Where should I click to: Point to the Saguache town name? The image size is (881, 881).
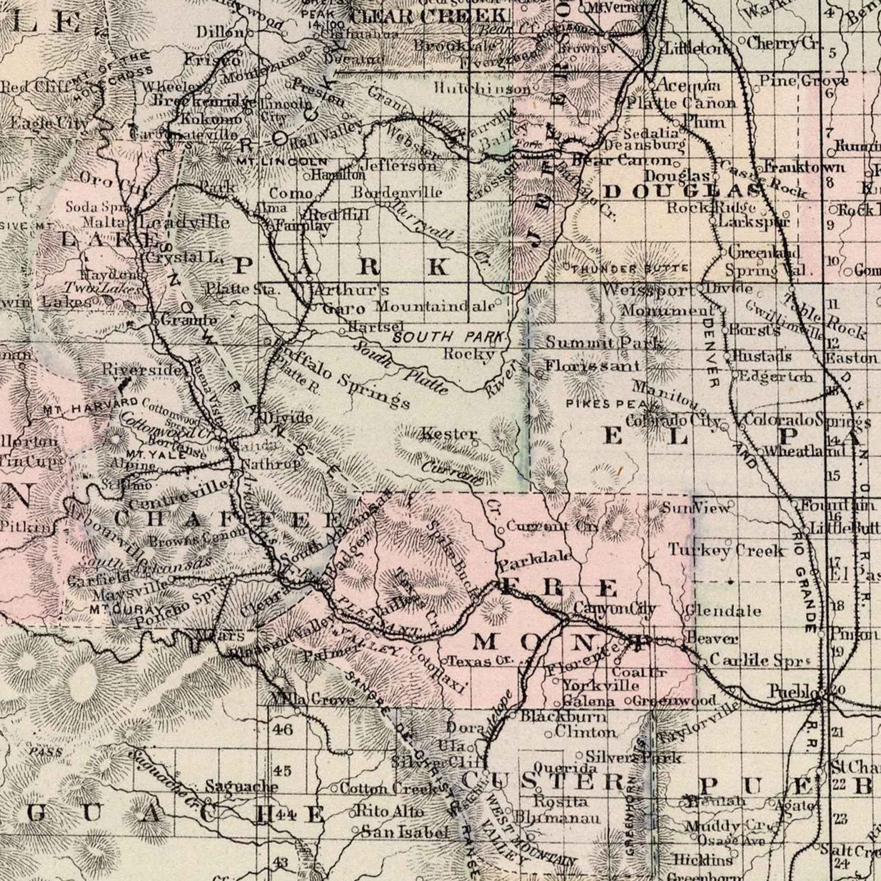click(x=241, y=786)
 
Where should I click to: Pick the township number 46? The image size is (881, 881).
click(x=283, y=729)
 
